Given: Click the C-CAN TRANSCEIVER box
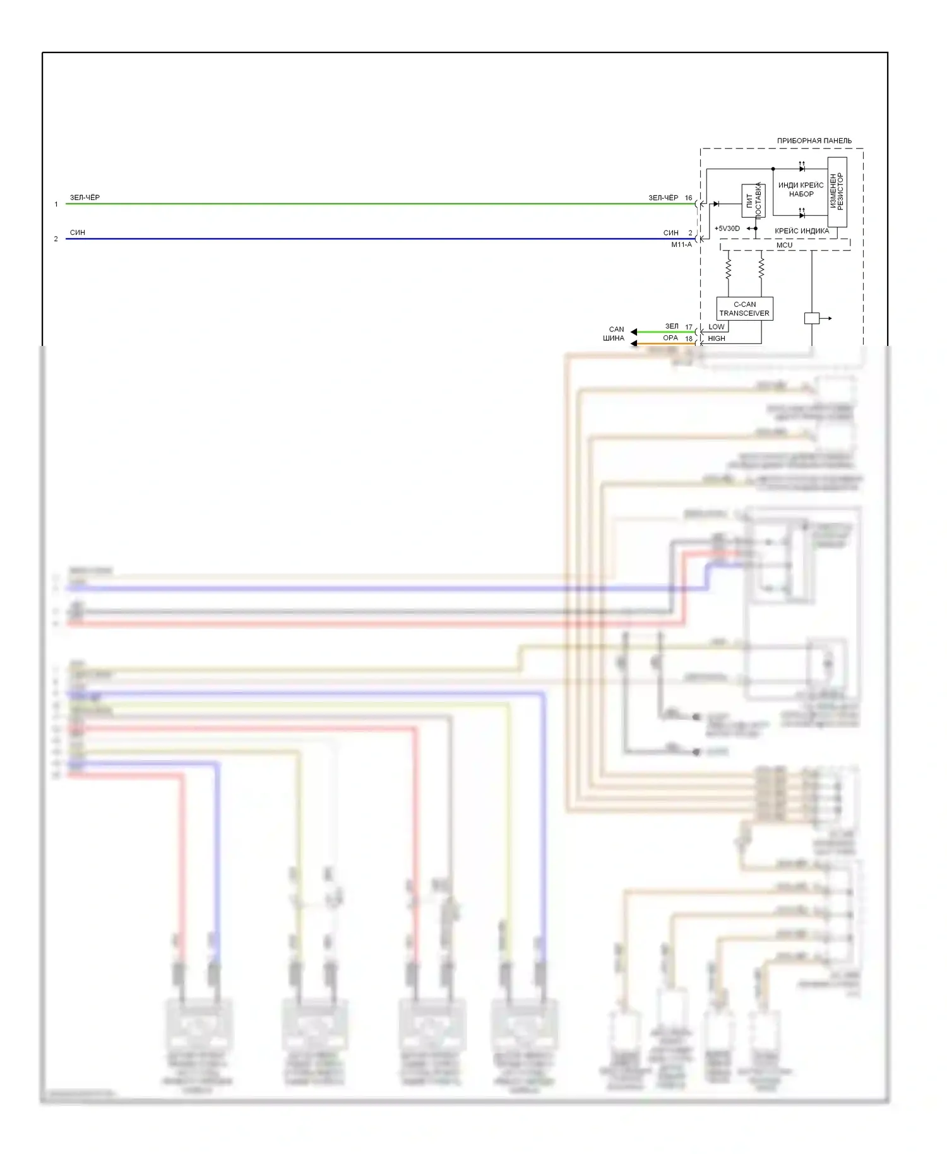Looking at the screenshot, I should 744,309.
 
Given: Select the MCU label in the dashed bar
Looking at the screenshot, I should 784,245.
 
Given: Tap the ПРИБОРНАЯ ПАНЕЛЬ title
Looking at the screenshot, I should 814,140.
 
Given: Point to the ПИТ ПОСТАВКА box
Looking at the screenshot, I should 753,200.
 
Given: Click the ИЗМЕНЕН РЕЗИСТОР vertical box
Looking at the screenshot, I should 837,192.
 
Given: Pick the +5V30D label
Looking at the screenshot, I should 727,229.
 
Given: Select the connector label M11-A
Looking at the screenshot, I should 681,245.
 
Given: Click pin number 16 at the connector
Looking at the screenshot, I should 689,198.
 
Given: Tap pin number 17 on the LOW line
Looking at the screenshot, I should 689,327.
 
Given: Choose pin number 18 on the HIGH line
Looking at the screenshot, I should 689,338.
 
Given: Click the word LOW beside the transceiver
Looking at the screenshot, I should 717,327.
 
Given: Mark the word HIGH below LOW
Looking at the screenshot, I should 717,338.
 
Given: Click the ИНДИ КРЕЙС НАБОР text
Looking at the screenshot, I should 801,189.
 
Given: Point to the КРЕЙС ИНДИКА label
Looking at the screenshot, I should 802,231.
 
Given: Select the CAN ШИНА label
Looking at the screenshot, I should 616,333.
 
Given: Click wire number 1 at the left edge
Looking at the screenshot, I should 56,204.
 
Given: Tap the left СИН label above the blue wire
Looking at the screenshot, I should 78,232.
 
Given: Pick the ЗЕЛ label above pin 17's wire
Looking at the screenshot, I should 672,326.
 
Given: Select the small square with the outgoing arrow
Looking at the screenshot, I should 811,318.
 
